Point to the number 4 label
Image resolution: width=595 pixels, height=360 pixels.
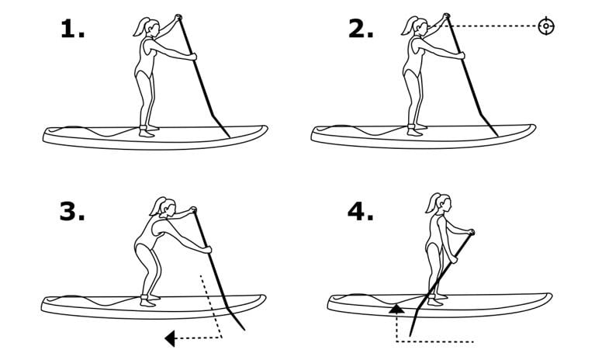click(x=361, y=211)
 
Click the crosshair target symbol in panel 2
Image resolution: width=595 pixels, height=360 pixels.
click(x=546, y=26)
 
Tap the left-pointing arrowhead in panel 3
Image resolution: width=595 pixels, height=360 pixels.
click(x=170, y=337)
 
